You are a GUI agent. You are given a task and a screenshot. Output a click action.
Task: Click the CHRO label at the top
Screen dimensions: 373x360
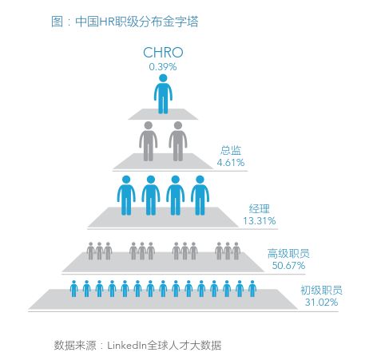[163, 53]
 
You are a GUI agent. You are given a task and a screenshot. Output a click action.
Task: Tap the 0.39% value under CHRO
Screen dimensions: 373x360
[163, 67]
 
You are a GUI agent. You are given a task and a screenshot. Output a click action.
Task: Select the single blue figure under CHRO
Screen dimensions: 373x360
[163, 94]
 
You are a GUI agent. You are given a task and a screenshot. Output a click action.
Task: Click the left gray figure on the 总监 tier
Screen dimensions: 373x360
[149, 141]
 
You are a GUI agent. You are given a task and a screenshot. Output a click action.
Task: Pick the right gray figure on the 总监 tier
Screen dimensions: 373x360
[178, 141]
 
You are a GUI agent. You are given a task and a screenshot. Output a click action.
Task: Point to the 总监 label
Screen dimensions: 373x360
[231, 150]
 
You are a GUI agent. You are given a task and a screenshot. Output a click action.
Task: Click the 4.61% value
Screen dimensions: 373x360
[231, 162]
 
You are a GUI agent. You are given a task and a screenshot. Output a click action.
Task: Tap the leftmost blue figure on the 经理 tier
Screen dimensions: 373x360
[126, 196]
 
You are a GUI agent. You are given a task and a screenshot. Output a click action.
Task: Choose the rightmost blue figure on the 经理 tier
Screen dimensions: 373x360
[200, 196]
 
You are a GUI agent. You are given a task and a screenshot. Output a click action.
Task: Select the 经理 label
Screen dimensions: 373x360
[260, 208]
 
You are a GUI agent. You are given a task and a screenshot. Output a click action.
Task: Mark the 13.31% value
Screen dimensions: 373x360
[260, 220]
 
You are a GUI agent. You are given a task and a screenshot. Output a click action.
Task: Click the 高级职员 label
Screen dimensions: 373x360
[288, 254]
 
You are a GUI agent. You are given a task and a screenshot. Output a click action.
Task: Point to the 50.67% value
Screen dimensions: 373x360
[288, 265]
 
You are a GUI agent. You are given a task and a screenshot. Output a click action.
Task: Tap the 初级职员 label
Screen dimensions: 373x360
[322, 291]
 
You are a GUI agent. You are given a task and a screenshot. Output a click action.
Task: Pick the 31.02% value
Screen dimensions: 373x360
[322, 302]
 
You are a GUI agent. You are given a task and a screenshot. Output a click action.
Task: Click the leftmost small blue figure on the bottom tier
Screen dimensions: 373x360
[73, 289]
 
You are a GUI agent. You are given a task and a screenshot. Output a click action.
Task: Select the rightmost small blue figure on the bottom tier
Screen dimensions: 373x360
[252, 289]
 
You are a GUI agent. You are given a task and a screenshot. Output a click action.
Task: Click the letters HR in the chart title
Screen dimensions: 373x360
[106, 22]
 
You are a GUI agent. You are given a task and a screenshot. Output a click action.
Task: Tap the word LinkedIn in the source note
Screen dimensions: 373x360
[127, 346]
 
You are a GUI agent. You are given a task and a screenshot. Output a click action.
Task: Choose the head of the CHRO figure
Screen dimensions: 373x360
[163, 78]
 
